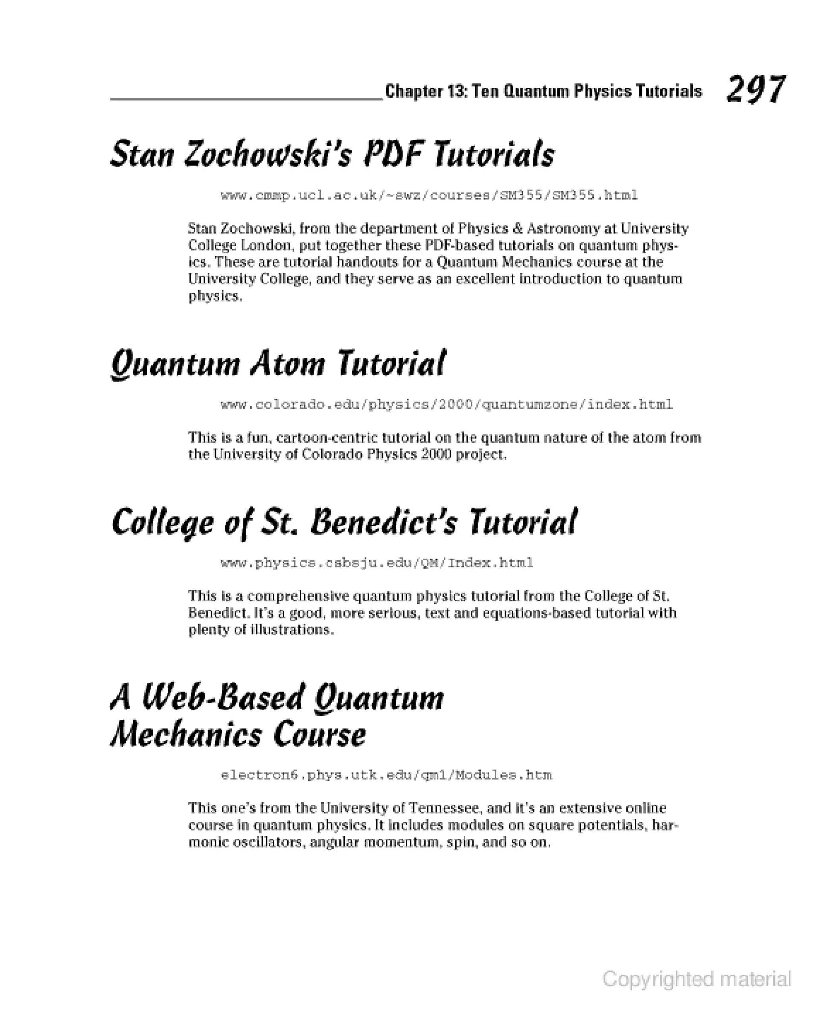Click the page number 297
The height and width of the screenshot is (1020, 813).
tap(755, 89)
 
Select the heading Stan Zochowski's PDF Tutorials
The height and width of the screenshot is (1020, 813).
tap(333, 154)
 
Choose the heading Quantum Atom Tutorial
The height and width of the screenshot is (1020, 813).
tap(278, 364)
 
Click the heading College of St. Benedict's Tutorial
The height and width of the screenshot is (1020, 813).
tap(344, 522)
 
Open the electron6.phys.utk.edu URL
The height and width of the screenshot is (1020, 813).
tap(386, 775)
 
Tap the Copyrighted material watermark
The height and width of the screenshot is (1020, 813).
tap(696, 979)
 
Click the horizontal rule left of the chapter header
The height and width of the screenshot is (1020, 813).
tap(246, 99)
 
